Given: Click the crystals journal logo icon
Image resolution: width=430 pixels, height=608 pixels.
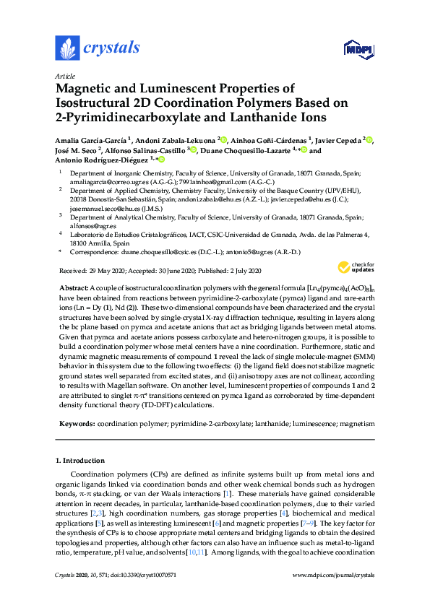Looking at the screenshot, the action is coord(67,48).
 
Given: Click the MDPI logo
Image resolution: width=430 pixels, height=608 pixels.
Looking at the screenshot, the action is coord(353,49).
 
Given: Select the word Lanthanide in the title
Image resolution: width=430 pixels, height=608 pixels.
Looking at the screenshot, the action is coord(251,116).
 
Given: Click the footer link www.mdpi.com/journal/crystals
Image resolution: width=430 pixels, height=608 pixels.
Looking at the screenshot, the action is coord(333,595).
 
